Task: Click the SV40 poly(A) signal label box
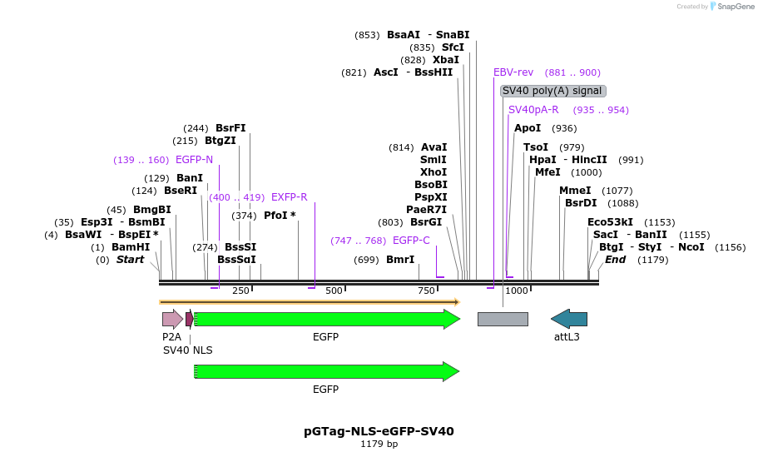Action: pos(552,91)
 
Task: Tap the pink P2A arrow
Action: pos(172,319)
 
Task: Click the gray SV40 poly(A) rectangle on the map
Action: pos(503,319)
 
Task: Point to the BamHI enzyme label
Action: pos(131,247)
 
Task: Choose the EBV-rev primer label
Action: pos(513,72)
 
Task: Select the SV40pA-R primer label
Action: pos(533,110)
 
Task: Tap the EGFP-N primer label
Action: pos(194,160)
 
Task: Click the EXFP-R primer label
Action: pos(290,197)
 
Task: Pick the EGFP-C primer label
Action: pos(411,241)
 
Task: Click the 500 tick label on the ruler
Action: pos(334,291)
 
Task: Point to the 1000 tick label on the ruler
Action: pos(517,291)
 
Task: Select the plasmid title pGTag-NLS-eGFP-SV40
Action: pos(379,431)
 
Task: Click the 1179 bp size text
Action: pos(379,445)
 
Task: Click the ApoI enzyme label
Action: pos(528,128)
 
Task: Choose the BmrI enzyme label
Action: pos(400,260)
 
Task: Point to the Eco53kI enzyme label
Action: pos(610,222)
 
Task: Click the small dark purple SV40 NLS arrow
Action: pos(190,319)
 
